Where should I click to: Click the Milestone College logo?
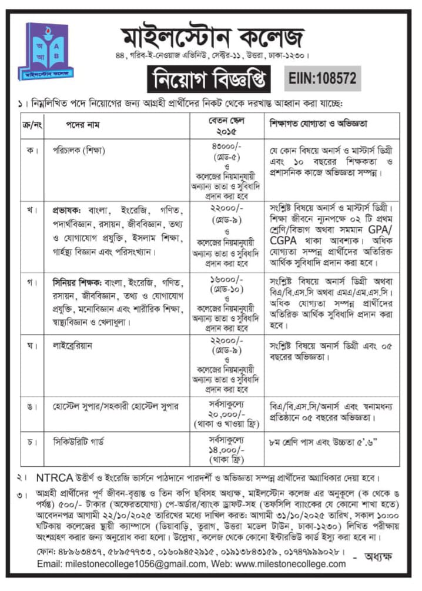(x=45, y=52)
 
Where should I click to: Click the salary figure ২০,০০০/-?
(x=226, y=414)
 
